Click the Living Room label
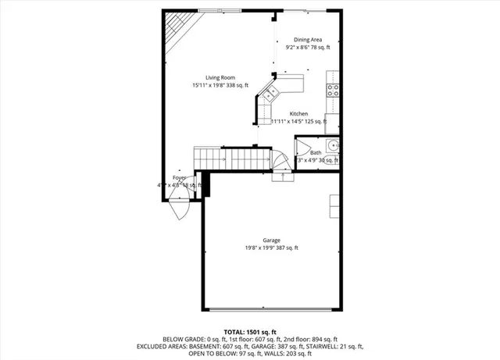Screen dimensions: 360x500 click(220, 77)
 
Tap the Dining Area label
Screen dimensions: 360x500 click(307, 39)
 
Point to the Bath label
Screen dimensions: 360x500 click(316, 152)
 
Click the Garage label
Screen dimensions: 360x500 click(271, 240)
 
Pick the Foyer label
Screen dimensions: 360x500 click(180, 178)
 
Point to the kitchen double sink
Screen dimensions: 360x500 click(270, 95)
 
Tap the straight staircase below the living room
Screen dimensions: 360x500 click(234, 159)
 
